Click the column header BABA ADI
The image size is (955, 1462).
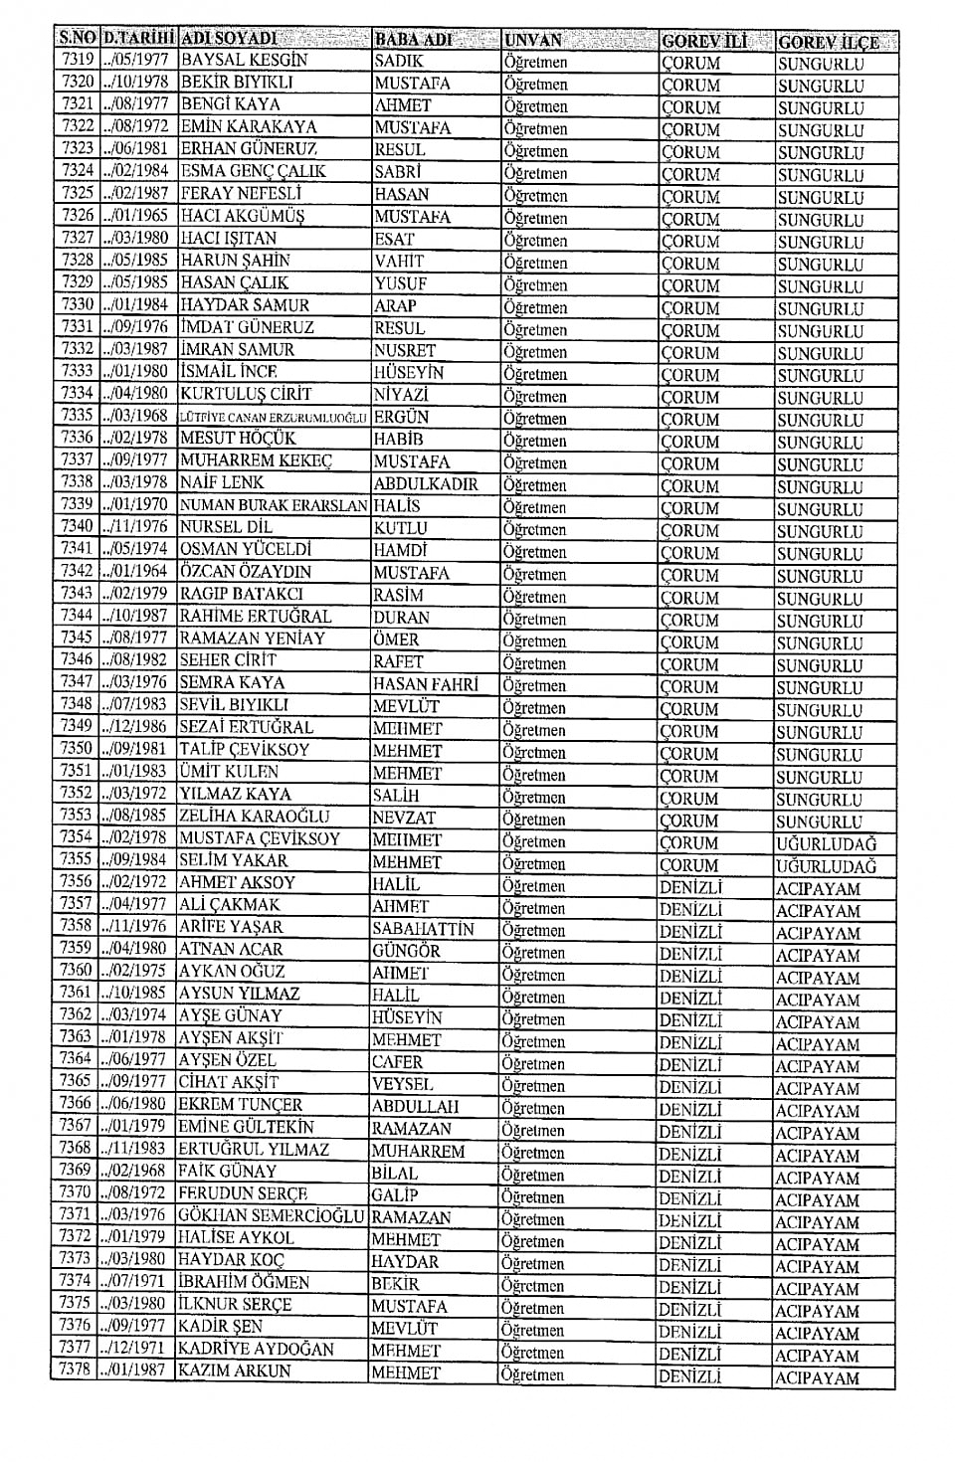(x=413, y=40)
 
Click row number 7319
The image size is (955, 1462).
(x=77, y=60)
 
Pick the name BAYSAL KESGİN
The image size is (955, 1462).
(x=244, y=60)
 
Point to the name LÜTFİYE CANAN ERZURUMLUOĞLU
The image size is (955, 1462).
(x=273, y=418)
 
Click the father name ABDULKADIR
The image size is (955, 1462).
(x=426, y=484)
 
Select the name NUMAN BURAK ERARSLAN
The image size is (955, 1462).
(x=273, y=505)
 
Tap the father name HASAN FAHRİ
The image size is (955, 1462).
(x=425, y=684)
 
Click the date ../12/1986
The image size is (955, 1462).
(x=136, y=727)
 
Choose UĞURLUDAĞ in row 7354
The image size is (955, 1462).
(x=826, y=843)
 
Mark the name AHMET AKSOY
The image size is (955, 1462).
(x=237, y=882)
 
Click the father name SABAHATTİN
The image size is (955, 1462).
(x=423, y=929)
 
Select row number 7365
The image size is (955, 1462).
(x=75, y=1081)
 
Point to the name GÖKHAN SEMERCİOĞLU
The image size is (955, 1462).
(x=271, y=1215)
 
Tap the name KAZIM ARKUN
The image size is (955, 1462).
(x=235, y=1371)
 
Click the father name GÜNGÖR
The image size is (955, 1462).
(x=406, y=951)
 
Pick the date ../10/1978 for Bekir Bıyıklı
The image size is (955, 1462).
(x=136, y=82)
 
